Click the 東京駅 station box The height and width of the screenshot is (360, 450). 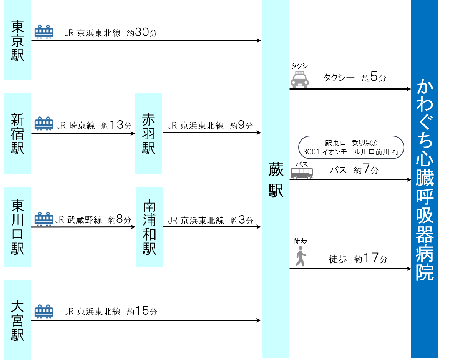17,40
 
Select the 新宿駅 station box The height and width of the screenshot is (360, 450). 17,133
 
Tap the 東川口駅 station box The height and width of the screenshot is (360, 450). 17,227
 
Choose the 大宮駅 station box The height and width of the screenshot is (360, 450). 17,320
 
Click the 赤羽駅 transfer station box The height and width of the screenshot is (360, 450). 148,133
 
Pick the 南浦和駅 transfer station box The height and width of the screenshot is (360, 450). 149,227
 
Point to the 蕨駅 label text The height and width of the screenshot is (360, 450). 276,180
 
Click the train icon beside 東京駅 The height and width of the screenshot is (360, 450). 44,32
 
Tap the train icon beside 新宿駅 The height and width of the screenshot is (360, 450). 44,123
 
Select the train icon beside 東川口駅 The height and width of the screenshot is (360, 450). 44,218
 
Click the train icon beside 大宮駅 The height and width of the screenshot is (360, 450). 44,311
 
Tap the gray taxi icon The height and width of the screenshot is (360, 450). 300,80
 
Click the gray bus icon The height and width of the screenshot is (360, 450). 302,173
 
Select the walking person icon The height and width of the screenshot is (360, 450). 301,256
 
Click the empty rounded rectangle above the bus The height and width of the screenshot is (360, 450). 351,147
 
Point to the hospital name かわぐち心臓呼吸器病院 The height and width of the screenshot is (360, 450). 425,179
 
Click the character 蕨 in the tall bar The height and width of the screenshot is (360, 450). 276,169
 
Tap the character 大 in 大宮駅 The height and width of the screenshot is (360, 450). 17,306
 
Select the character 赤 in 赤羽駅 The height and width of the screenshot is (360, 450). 148,119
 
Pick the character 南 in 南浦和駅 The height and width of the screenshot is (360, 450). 149,206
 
